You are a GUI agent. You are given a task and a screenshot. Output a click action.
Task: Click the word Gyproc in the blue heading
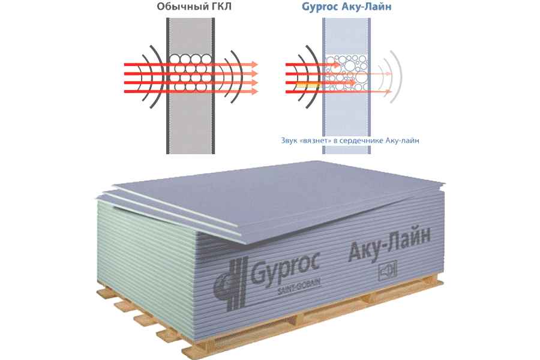(x=319, y=7)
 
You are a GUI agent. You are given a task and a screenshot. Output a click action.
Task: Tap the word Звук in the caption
(x=289, y=140)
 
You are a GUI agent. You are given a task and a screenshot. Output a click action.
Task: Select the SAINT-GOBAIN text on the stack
(x=299, y=287)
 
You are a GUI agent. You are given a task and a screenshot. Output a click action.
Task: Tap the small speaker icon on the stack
(x=388, y=271)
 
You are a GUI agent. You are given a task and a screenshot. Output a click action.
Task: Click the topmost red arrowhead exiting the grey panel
(x=255, y=64)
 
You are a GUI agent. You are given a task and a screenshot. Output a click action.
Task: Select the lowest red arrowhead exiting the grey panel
(x=255, y=91)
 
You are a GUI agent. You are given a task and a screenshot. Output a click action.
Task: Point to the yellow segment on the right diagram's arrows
(x=308, y=85)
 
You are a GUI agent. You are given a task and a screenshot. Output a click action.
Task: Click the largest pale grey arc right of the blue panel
(x=398, y=76)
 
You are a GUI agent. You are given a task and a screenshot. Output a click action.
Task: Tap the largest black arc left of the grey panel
(x=158, y=76)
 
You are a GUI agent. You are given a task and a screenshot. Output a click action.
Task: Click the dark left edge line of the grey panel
(x=168, y=86)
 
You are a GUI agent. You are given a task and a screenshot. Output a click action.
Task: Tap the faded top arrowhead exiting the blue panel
(x=389, y=73)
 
